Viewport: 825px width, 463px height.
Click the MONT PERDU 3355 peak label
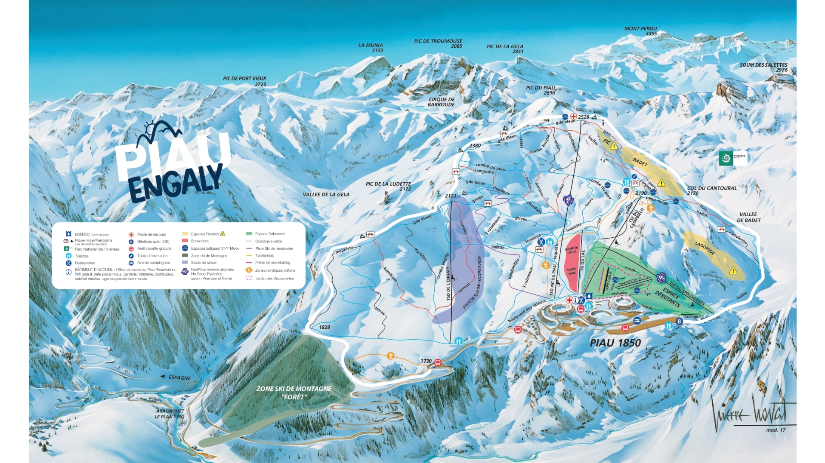640,31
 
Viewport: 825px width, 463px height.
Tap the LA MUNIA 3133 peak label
371,47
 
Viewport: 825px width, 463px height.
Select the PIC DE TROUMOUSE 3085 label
438,43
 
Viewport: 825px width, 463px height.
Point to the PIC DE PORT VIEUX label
244,81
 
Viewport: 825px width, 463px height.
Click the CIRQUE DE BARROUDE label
441,102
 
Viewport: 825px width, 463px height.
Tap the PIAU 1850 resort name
615,343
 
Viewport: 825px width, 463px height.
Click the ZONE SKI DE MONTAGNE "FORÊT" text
294,392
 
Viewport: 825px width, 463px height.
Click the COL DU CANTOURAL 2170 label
711,190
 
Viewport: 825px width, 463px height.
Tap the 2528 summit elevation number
584,117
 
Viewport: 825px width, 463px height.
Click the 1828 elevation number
324,327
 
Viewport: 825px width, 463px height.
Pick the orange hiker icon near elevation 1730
390,356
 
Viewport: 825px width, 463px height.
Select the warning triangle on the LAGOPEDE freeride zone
733,271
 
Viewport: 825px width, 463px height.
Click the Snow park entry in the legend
200,241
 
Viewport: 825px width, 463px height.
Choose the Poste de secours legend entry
151,234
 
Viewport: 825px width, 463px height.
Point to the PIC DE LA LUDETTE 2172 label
388,186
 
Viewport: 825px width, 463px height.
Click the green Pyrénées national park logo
726,158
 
